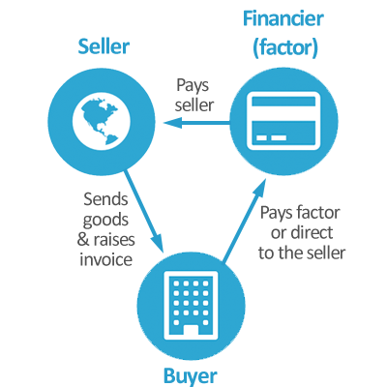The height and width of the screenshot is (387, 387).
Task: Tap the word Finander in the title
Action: click(x=281, y=18)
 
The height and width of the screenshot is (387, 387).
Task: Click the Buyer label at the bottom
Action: click(x=190, y=374)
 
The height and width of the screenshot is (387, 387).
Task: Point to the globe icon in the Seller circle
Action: click(x=98, y=120)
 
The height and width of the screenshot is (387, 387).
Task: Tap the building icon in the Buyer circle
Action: click(x=187, y=299)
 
